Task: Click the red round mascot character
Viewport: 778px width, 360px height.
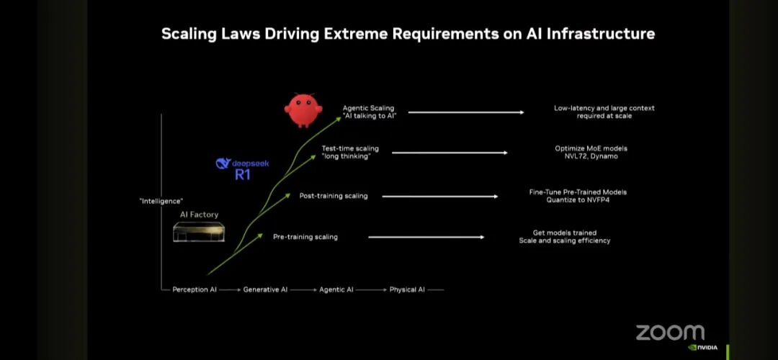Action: click(302, 110)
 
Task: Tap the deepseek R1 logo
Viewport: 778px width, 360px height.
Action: click(242, 168)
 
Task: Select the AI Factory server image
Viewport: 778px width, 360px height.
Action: click(199, 231)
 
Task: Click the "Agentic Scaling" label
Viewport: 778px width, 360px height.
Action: click(369, 108)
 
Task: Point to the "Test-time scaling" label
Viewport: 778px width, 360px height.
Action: click(350, 149)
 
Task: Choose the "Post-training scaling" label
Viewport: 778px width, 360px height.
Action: click(334, 196)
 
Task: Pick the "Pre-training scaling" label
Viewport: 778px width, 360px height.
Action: click(305, 237)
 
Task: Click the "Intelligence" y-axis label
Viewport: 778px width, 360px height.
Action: click(161, 201)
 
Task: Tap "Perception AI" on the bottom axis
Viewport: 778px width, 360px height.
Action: click(194, 289)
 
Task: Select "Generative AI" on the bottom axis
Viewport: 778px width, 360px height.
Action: click(265, 289)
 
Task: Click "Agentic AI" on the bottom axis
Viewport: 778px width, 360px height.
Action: click(336, 289)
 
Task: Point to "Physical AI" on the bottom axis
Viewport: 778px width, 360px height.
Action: click(407, 289)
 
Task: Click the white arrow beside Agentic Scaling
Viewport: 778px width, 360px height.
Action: click(466, 112)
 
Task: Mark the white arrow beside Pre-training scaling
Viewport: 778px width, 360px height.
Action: click(426, 237)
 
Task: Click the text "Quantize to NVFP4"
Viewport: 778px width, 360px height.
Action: click(578, 200)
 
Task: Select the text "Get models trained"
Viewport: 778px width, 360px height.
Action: click(565, 233)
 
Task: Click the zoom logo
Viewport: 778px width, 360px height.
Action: click(670, 333)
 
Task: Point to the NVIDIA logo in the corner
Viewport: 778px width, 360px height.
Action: click(702, 347)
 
